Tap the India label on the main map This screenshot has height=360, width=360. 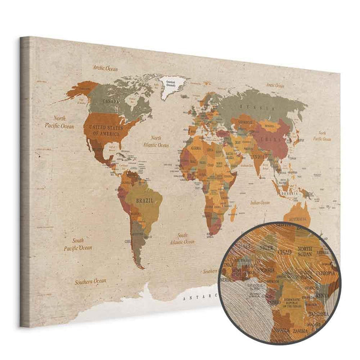(257, 157)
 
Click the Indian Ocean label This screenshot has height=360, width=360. (260, 203)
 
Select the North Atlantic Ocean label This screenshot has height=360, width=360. (156, 141)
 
